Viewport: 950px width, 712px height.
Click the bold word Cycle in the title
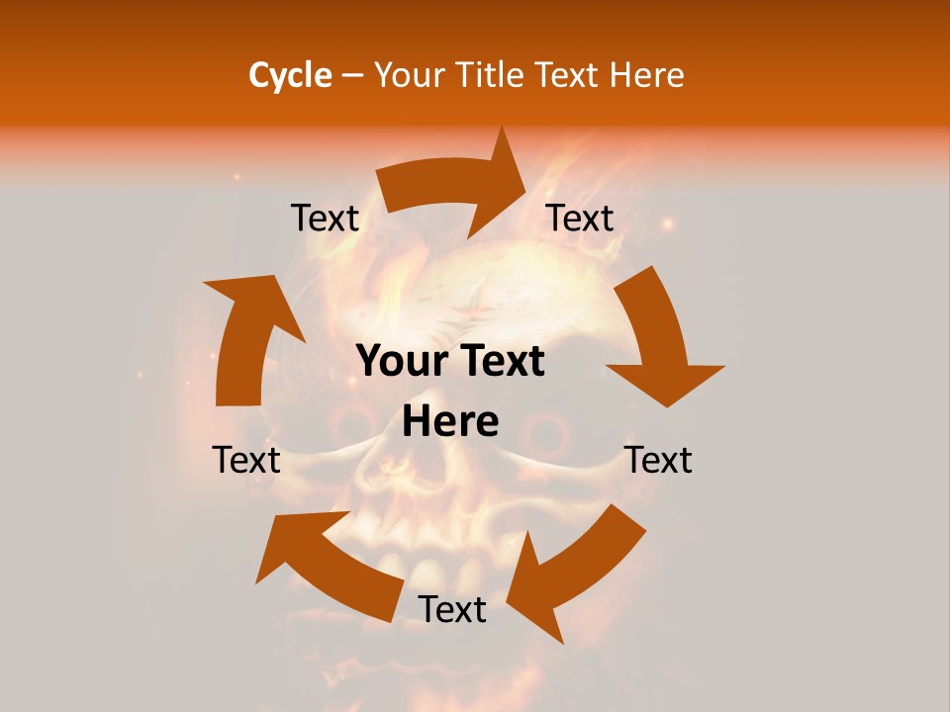click(290, 75)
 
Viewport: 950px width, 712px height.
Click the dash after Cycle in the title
click(352, 75)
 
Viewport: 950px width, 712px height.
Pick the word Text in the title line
click(567, 75)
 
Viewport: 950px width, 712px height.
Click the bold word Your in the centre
click(403, 362)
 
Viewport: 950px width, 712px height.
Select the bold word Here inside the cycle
click(450, 422)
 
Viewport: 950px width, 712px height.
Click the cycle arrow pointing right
click(460, 188)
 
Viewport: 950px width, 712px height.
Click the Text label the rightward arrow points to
click(580, 218)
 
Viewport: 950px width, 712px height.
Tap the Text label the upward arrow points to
click(325, 218)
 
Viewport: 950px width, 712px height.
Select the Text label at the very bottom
click(452, 609)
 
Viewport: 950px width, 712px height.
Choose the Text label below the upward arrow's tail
click(246, 460)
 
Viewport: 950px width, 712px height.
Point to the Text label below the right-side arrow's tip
click(659, 460)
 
